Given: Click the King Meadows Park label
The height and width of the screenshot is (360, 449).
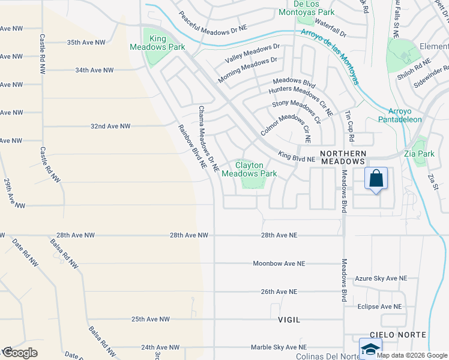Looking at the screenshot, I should pos(158,43).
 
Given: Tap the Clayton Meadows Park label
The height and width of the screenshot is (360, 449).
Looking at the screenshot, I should pos(249,169).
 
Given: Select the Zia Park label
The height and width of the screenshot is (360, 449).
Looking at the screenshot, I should pos(420,154).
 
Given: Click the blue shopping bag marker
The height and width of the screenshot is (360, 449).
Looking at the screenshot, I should pos(376,179).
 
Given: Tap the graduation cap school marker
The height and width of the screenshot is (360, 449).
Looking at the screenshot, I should pos(370,349).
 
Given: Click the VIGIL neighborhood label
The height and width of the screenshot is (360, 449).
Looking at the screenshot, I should pos(289,320).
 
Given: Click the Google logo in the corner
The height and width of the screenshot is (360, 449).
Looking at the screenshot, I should pos(19,353).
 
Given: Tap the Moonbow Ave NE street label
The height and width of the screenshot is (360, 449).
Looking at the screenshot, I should pos(279,263).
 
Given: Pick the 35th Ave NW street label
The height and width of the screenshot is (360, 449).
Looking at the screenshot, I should pos(86,43).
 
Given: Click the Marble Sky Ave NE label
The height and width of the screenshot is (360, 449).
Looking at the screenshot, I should pos(279,347).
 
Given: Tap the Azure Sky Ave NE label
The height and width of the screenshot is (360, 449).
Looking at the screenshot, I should pos(381,278).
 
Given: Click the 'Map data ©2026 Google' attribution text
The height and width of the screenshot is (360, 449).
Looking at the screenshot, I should pos(412,355).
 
